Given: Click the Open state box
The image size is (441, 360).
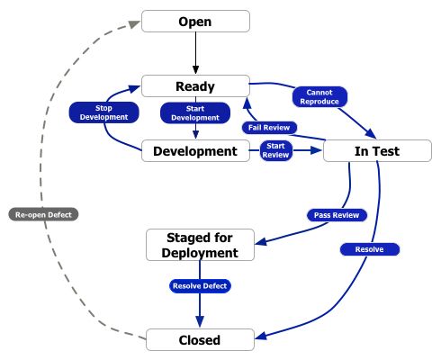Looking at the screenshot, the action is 195,22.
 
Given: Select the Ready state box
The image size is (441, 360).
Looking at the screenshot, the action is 195,86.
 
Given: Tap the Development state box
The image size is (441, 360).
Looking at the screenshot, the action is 195,151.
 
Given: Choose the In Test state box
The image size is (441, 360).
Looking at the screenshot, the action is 377,151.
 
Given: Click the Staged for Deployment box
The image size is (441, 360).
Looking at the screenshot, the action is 200,245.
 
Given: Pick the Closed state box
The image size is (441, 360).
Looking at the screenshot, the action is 200,339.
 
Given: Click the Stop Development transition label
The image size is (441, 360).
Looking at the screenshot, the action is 104,112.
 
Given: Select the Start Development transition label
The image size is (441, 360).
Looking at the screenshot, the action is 195,112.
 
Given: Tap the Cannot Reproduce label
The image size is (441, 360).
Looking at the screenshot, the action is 319,97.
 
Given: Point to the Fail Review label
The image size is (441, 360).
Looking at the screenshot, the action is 269,128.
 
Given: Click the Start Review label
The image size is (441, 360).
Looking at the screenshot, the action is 275,150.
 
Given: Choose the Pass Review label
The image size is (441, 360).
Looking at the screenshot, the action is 337,215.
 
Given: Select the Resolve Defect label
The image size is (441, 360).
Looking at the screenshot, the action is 200,286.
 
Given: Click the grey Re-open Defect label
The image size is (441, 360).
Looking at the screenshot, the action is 43,214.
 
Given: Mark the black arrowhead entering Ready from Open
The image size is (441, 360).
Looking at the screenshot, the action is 195,70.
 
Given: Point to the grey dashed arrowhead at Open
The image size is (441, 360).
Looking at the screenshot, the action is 135,24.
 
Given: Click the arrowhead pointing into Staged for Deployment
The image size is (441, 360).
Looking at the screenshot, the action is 260,241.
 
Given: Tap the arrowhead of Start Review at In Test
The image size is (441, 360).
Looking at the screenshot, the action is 317,150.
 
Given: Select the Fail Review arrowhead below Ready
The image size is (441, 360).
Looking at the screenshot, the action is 247,103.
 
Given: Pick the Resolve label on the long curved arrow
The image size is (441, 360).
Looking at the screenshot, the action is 370,249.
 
